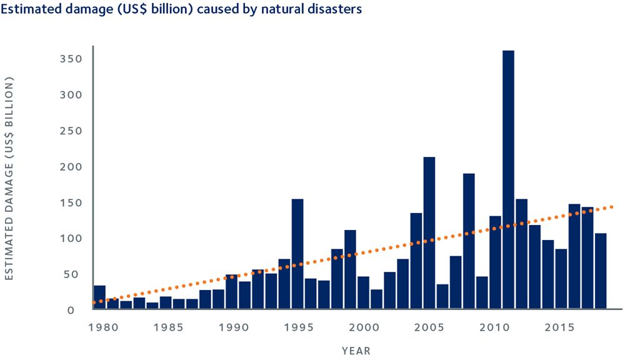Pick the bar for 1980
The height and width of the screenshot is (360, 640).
coord(99,297)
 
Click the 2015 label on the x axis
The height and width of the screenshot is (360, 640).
coord(561,326)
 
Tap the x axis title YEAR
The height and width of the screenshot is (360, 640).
coord(356,351)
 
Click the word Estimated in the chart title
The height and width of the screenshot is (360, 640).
coord(27,10)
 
